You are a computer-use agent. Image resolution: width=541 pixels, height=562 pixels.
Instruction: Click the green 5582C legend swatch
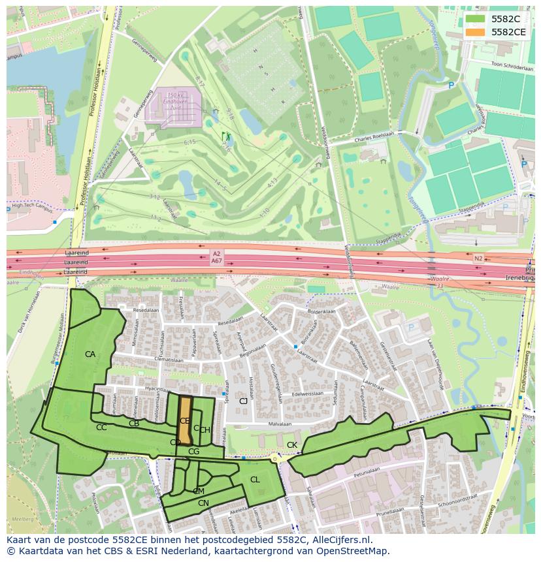[475, 19]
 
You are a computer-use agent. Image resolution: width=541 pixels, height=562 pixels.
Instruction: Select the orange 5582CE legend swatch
[475, 31]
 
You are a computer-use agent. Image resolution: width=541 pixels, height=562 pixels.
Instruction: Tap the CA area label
[90, 354]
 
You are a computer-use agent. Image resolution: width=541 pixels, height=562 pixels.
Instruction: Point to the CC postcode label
[101, 428]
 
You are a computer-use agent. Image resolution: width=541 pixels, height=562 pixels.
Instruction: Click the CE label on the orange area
[185, 421]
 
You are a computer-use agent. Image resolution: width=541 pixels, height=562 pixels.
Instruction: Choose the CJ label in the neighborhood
[243, 401]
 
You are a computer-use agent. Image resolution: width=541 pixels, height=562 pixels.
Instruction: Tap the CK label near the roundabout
[291, 445]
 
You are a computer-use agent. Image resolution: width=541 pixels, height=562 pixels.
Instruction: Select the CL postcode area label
[255, 480]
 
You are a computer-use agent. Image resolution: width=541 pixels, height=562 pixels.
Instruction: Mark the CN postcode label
[203, 503]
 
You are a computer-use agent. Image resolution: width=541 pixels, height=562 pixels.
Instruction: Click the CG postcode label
[193, 451]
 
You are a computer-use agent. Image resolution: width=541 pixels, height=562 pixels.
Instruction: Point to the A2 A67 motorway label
[216, 257]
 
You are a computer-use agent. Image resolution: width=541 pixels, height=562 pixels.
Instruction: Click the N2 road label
[478, 259]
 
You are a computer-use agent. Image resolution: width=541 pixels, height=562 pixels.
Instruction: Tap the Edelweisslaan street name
[308, 394]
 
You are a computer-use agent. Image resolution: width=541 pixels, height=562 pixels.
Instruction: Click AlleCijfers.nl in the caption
[339, 540]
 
